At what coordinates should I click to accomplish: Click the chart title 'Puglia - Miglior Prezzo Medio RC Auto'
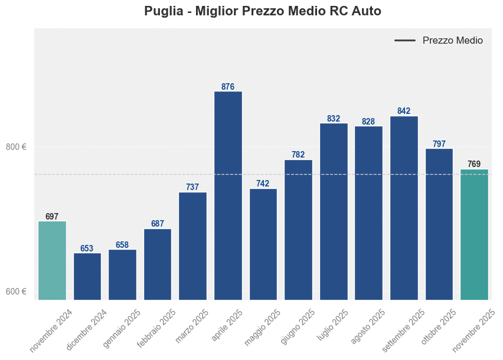click(262, 11)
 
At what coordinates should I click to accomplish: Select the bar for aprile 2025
click(228, 195)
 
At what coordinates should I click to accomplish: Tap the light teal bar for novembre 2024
click(52, 260)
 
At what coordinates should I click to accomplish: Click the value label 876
click(228, 87)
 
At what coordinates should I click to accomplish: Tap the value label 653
click(87, 248)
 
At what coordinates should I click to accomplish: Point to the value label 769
click(474, 164)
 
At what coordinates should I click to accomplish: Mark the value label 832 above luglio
click(334, 119)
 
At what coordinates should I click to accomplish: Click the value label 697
click(52, 217)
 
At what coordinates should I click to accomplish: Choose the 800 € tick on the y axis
click(17, 147)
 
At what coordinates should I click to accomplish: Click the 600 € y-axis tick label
click(17, 292)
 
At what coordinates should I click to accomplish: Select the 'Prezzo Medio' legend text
click(452, 41)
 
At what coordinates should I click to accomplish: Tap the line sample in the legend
click(405, 41)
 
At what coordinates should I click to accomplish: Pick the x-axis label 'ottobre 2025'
click(439, 327)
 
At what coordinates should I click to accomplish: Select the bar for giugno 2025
click(298, 230)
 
